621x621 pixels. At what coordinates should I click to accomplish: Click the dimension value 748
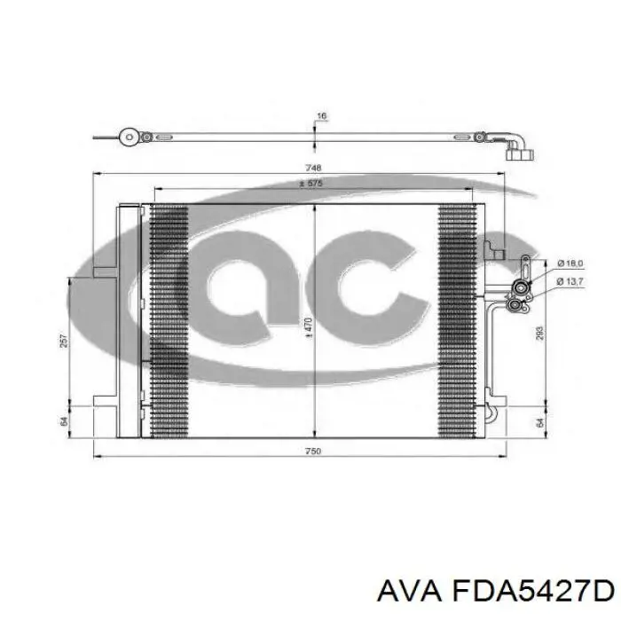point(312,168)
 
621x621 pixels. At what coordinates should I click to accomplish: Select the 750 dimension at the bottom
point(312,452)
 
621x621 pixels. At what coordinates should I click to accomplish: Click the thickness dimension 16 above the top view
point(321,116)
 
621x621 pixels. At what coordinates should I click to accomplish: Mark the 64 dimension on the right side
point(539,421)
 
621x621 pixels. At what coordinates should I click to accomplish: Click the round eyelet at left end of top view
point(130,138)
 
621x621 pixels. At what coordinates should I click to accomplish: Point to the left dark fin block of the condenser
point(169,321)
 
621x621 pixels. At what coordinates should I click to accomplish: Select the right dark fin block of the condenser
point(457,321)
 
